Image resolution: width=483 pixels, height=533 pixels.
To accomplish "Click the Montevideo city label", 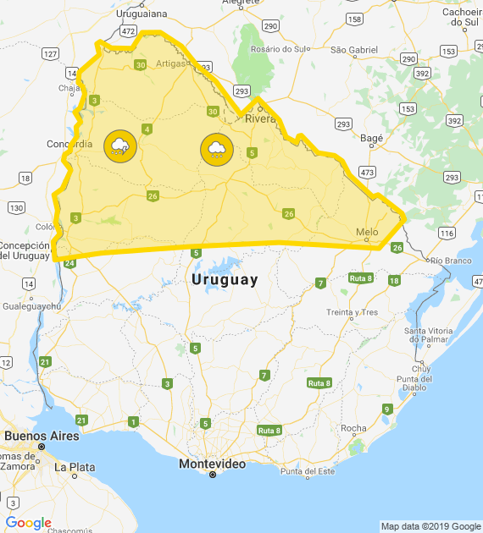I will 212,464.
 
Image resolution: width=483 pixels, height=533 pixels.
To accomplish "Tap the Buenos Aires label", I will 42,436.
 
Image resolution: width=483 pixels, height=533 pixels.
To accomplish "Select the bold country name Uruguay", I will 225,279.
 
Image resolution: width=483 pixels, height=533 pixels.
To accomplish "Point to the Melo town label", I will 367,232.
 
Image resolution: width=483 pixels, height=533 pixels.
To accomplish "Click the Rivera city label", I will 261,119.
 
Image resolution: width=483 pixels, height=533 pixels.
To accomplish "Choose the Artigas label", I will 170,63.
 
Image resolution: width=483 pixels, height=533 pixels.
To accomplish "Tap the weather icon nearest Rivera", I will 217,150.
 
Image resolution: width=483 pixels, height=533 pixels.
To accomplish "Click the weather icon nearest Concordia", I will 120,146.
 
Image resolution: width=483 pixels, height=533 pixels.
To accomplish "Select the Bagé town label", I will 372,137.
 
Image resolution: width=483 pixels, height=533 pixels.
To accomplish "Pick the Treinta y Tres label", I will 352,312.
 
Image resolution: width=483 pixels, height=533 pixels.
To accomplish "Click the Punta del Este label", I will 308,471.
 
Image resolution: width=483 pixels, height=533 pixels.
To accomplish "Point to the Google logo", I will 28,523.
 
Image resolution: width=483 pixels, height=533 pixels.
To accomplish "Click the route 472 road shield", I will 128,30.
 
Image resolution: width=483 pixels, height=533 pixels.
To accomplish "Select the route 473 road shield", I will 367,172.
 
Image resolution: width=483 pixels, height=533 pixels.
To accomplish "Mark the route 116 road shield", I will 447,232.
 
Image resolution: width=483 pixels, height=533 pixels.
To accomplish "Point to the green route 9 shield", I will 387,409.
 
